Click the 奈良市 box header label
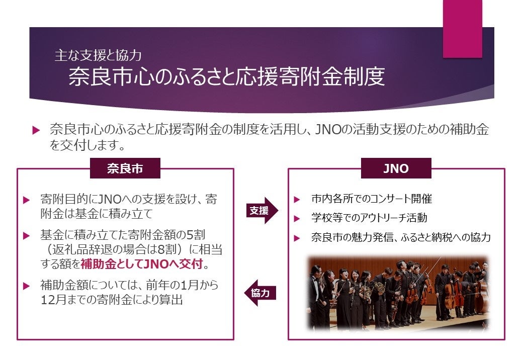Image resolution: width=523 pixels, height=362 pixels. [x=125, y=169]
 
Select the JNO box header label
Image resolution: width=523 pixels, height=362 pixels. [x=396, y=169]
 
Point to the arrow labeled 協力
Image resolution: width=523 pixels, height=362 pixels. [x=260, y=293]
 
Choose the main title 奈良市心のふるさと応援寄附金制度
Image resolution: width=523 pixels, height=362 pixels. [x=226, y=77]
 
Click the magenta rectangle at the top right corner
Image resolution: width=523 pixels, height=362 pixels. [x=462, y=29]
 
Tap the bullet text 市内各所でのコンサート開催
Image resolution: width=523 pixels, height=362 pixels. [x=371, y=199]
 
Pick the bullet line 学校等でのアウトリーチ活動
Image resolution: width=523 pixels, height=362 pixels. [x=369, y=218]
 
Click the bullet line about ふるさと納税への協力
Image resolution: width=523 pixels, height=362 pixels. [x=401, y=237]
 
